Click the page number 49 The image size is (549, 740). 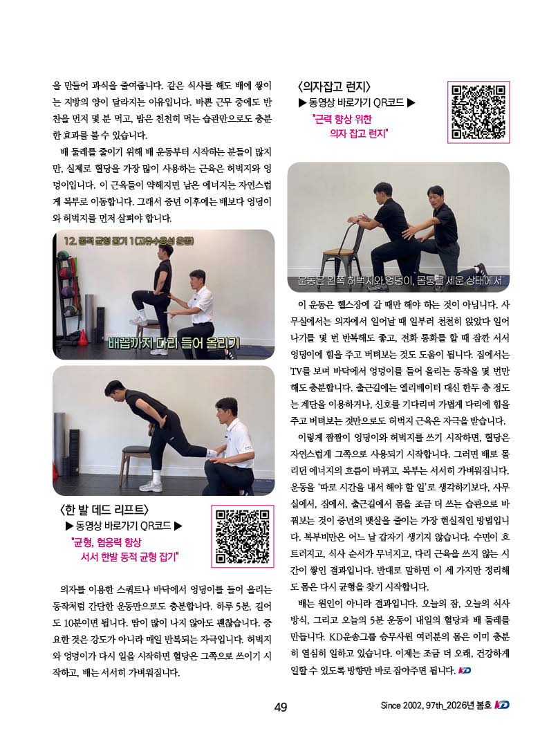[x=281, y=707]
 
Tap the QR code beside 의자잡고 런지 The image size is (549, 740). [x=478, y=112]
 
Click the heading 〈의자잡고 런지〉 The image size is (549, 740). [x=335, y=86]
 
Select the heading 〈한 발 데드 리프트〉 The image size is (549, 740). [x=104, y=510]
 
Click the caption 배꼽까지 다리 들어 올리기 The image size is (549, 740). [x=174, y=342]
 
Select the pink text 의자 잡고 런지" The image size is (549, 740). [x=358, y=134]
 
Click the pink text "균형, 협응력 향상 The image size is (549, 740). [x=106, y=542]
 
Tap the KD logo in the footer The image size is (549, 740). [x=502, y=705]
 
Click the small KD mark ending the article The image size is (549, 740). [x=465, y=670]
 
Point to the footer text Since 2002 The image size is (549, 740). [x=402, y=705]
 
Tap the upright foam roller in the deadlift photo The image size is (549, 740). [x=60, y=439]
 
